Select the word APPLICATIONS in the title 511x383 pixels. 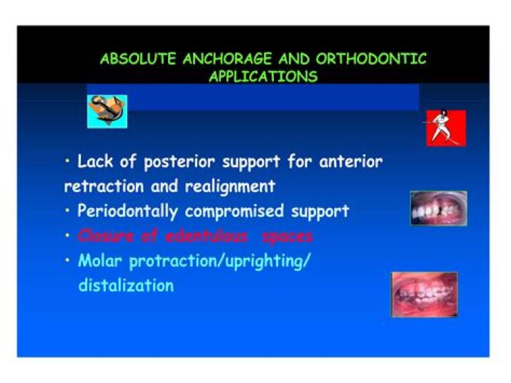263,77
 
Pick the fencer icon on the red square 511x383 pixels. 446,128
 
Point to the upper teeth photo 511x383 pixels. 438,208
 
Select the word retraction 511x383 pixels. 97,187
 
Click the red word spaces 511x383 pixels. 287,236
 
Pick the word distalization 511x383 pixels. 126,286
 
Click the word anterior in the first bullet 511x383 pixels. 348,162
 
